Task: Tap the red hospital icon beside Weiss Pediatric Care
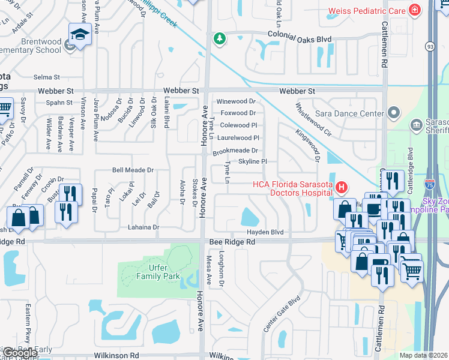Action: tap(414, 10)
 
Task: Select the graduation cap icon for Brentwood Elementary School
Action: tap(79, 35)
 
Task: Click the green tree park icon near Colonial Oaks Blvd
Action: tap(220, 39)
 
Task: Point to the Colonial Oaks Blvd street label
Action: tap(298, 39)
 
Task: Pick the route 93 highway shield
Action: tap(430, 45)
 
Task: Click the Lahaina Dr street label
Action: tap(143, 227)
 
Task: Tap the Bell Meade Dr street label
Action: tap(133, 170)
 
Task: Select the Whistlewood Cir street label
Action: tap(310, 118)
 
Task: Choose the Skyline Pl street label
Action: tap(252, 161)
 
